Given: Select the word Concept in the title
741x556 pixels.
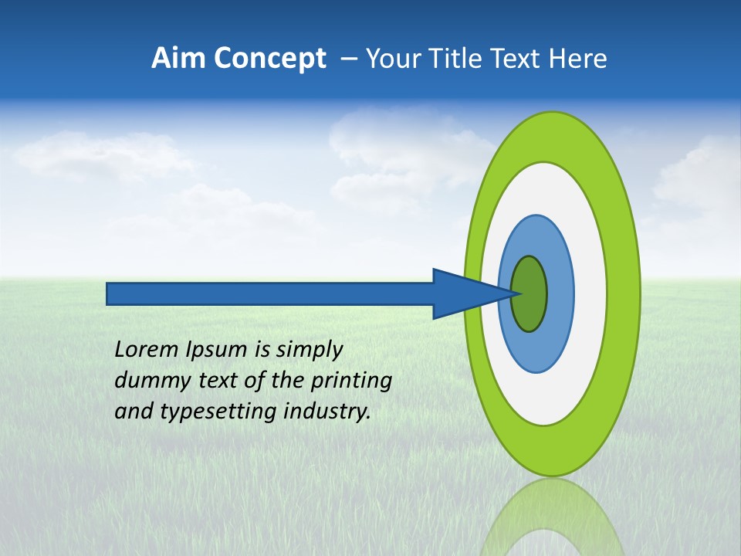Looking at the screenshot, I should tap(270, 59).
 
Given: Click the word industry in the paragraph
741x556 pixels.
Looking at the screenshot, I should tap(327, 412).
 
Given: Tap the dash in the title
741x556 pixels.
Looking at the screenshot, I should tap(348, 59).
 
